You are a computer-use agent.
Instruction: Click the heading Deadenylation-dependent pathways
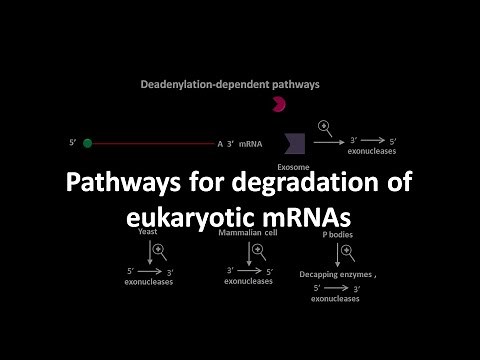pos(229,85)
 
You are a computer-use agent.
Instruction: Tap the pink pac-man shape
pos(280,104)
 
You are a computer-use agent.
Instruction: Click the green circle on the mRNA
pos(88,143)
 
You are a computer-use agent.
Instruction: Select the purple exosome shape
pos(293,141)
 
